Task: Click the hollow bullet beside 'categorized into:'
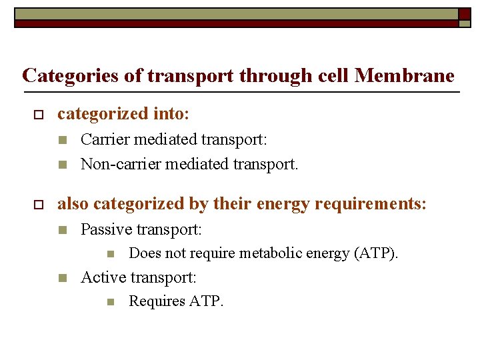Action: point(37,115)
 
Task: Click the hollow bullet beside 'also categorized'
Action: point(37,205)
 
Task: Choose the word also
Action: point(73,204)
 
